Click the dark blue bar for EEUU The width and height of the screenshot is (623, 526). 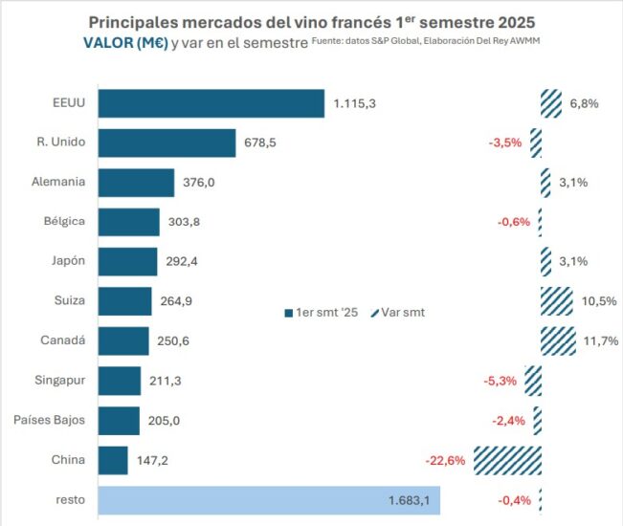point(211,103)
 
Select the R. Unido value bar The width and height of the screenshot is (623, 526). point(167,142)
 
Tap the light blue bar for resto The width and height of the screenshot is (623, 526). point(269,499)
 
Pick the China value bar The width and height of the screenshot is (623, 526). point(113,460)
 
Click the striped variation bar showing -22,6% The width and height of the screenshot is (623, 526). point(507,460)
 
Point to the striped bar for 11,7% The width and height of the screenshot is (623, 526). point(558,340)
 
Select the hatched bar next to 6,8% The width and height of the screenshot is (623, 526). point(550,103)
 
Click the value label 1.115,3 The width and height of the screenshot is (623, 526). point(355,103)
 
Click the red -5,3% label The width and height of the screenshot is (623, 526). point(501,381)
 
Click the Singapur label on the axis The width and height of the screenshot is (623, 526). point(58,381)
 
